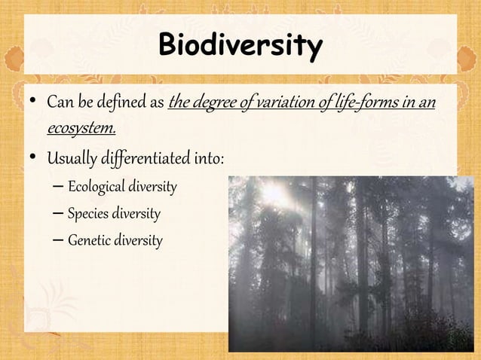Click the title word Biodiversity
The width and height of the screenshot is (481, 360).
(240, 46)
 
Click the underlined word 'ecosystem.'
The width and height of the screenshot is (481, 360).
(81, 128)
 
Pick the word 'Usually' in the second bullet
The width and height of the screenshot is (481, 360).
(70, 160)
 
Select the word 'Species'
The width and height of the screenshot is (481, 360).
(87, 214)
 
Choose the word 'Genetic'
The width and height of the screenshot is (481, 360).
(88, 241)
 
